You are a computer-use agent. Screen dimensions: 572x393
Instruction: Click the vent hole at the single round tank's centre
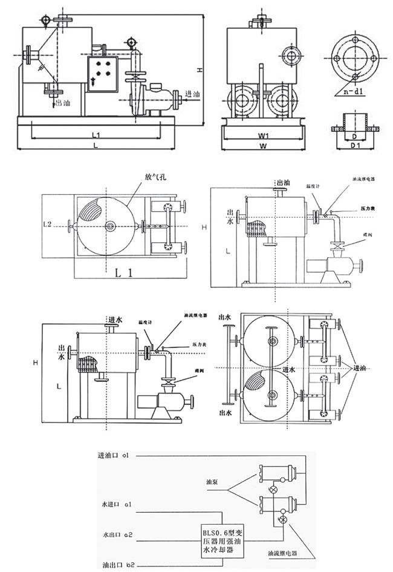tap(109, 226)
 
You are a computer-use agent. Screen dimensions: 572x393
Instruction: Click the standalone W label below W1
tap(263, 146)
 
